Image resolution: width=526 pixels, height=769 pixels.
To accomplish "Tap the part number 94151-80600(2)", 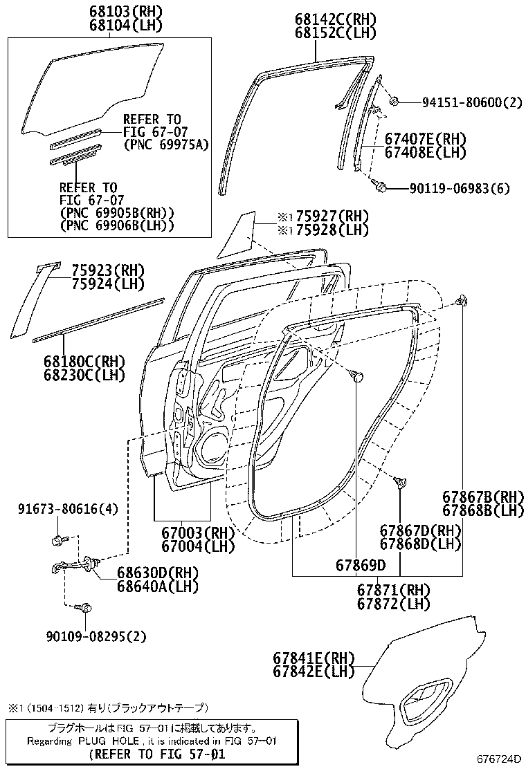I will (x=472, y=102).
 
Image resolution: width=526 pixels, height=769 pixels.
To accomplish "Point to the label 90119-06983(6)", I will (x=460, y=188).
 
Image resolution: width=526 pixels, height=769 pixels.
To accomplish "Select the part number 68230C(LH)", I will (x=85, y=376).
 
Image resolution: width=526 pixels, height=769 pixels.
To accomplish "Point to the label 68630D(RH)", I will (x=158, y=573).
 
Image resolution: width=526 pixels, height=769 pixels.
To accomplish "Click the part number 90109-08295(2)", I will (x=102, y=636).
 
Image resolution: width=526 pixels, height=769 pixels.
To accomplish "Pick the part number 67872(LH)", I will (x=394, y=604).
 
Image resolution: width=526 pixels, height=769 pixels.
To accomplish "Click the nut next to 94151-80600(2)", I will (x=393, y=102).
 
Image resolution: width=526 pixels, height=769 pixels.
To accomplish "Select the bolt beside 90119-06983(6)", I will (x=380, y=185).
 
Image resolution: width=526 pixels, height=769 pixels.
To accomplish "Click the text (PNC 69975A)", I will (x=166, y=145).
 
